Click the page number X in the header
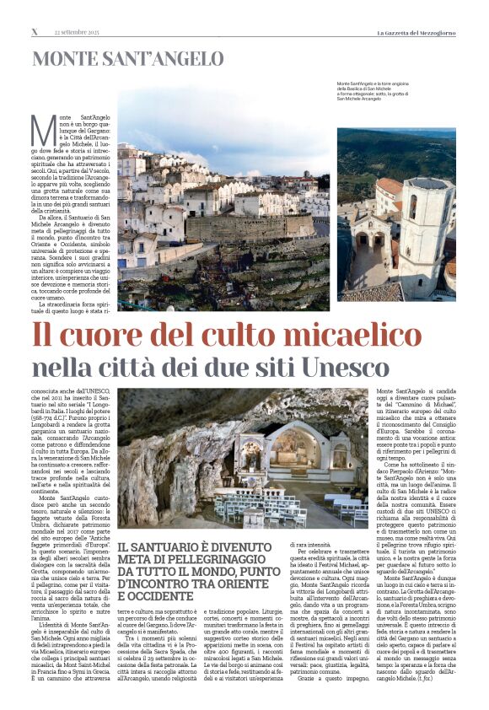click(35, 32)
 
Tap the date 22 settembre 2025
click(77, 32)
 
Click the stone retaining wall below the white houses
click(253, 228)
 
